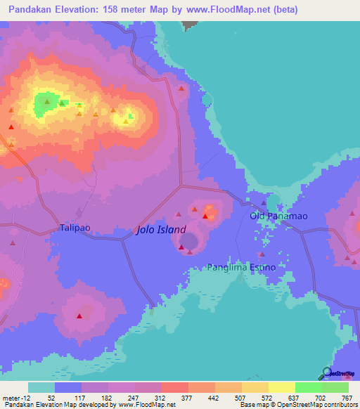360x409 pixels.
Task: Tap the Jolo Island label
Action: click(x=161, y=230)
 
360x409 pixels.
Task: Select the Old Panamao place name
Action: click(x=279, y=216)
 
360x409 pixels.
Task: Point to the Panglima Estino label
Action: click(x=236, y=268)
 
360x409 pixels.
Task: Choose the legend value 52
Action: click(x=41, y=397)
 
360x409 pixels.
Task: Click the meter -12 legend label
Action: click(x=14, y=397)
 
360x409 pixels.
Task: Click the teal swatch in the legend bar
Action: click(x=41, y=387)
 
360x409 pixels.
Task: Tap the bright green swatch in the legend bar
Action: click(x=308, y=387)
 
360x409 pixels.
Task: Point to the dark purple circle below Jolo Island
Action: click(x=189, y=242)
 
